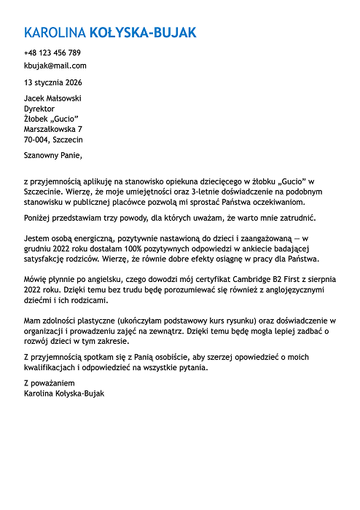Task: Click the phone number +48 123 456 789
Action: click(52, 53)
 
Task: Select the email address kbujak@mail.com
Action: click(55, 66)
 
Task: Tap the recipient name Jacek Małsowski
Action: click(53, 98)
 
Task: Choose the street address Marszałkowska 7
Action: click(53, 129)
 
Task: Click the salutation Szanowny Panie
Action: click(53, 154)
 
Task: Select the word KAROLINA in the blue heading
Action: click(55, 34)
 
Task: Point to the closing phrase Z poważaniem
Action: click(49, 382)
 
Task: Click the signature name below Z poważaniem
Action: click(64, 393)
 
